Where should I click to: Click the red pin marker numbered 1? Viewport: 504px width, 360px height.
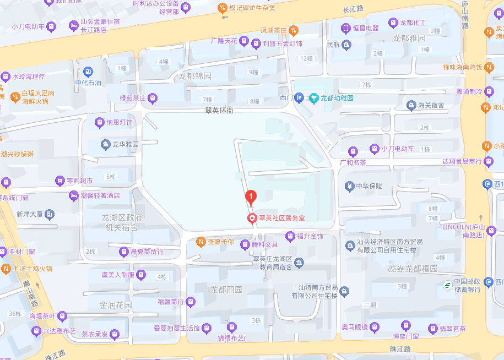coord(251,196)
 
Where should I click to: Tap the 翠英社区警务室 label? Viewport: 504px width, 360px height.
coord(278,218)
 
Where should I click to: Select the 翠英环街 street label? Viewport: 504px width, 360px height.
coord(220,111)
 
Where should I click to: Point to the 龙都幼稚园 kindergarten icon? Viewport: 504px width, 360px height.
coord(313,99)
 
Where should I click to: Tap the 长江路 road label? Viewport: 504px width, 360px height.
coord(353,9)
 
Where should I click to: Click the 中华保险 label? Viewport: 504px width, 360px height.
coord(369,186)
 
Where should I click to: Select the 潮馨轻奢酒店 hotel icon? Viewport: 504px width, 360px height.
coord(73,195)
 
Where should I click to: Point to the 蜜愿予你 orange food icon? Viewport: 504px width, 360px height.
coord(201,242)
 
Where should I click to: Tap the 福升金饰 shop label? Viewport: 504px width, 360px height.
coord(310,236)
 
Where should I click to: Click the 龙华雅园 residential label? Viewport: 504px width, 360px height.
coord(126,144)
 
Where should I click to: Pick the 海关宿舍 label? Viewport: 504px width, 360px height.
coord(431,105)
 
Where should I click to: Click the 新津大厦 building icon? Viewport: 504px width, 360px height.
coord(50,214)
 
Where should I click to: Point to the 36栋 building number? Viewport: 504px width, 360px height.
coord(15,314)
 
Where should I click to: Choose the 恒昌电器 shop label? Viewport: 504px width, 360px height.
coord(366,28)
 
